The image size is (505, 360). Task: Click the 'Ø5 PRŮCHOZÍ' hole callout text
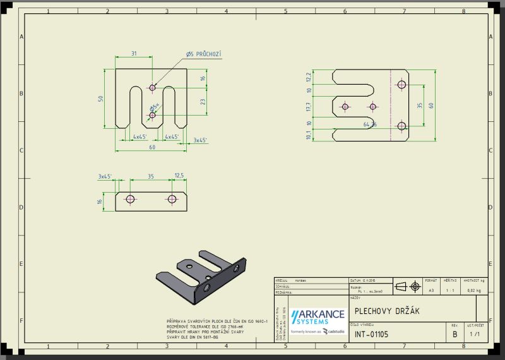click(204, 55)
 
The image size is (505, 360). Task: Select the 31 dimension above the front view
click(134, 54)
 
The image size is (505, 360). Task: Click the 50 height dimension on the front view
click(100, 99)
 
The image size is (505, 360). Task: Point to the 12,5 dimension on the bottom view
click(179, 176)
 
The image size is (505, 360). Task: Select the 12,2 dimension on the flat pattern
click(309, 77)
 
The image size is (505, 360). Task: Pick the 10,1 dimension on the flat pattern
click(309, 135)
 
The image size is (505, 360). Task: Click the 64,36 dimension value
click(370, 125)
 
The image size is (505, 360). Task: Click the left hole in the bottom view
click(131, 200)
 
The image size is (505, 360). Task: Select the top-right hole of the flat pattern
click(401, 85)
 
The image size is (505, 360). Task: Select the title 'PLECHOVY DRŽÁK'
click(387, 311)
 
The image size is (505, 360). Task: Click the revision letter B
click(454, 334)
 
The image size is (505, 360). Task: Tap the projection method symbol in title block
click(408, 287)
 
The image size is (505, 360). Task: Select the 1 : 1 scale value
click(450, 290)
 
